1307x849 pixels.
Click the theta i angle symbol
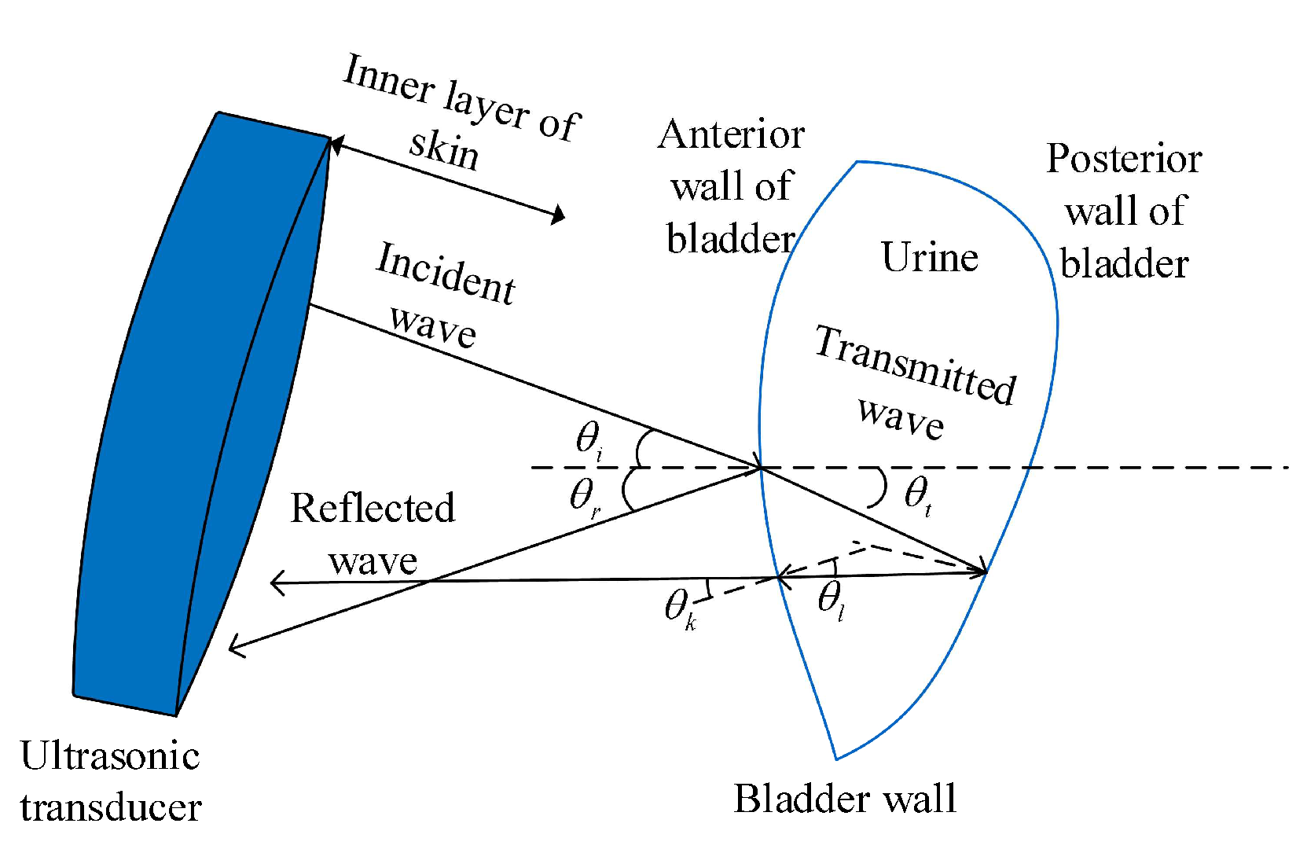(589, 440)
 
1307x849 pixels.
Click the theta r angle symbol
(585, 498)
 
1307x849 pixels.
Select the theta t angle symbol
(918, 495)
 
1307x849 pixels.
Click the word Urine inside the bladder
(930, 258)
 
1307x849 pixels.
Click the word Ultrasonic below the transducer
(110, 756)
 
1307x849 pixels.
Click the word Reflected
(373, 508)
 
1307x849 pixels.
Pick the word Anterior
(731, 134)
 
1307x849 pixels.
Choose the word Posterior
(1124, 159)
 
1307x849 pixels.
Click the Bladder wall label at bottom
(845, 799)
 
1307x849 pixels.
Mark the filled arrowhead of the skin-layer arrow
(558, 214)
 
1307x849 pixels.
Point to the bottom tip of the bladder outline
(836, 758)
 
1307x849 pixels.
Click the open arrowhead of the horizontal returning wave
(275, 583)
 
